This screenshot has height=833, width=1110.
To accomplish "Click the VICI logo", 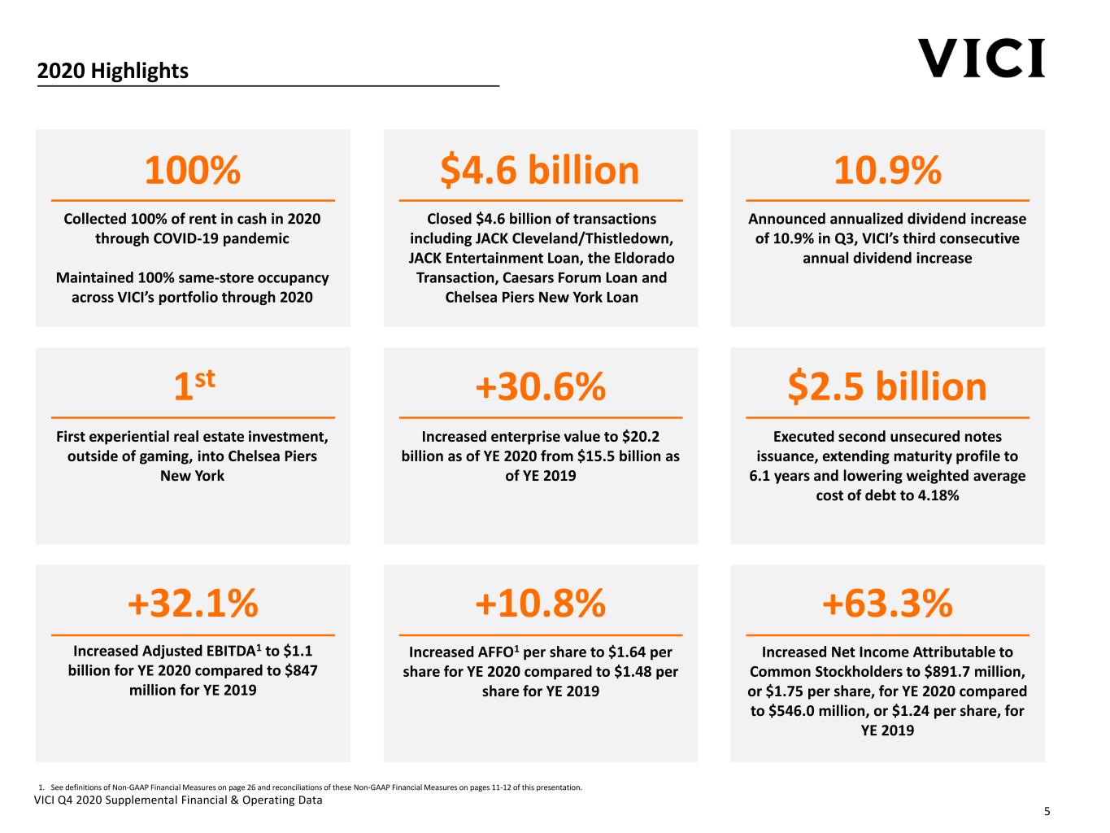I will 982,59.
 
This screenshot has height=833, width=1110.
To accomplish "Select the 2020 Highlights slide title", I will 112,71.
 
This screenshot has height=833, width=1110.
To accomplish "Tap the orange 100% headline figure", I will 193,170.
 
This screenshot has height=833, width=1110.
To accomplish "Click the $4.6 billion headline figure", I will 540,170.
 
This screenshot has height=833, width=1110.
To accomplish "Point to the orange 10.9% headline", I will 887,170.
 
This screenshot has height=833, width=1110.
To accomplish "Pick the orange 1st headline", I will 194,386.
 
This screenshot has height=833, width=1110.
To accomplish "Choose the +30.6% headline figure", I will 540,386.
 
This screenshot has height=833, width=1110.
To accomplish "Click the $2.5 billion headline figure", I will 887,386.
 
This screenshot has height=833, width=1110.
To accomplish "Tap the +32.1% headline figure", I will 193,604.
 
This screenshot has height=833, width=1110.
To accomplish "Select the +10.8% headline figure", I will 540,604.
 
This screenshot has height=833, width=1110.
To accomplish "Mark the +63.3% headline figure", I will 887,604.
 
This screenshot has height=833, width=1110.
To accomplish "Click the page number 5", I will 1047,811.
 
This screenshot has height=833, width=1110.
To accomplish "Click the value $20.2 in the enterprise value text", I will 641,437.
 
